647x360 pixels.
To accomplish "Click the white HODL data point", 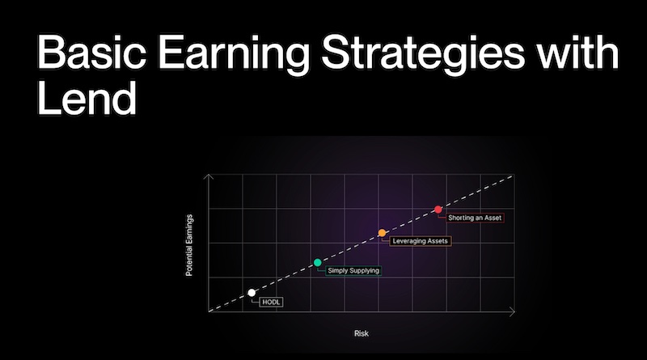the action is click(252, 293).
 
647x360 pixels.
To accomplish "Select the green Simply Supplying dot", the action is click(317, 263).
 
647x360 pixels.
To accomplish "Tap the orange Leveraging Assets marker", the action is click(382, 233).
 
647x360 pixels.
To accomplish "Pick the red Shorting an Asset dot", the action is click(438, 210).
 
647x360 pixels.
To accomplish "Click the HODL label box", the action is click(271, 303).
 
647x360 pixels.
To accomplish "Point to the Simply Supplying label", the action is click(353, 271).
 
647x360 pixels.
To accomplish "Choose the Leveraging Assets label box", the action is click(420, 241).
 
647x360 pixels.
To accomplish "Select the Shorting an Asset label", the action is click(475, 218).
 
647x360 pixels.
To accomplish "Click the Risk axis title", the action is click(361, 333).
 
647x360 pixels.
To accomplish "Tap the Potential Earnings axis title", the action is click(189, 245).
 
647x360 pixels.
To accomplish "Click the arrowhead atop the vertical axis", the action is click(209, 176).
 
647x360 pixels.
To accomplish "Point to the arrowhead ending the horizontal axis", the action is click(513, 311).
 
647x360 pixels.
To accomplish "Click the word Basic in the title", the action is click(91, 53).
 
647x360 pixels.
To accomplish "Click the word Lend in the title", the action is click(87, 98).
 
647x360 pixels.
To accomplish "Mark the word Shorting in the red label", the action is click(460, 218).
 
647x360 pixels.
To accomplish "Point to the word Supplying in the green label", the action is click(363, 271).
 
